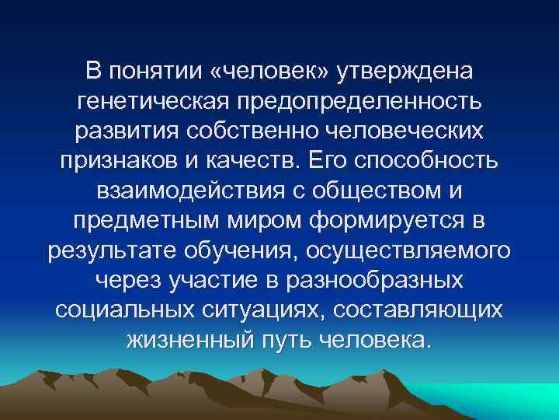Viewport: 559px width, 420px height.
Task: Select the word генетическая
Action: (x=156, y=100)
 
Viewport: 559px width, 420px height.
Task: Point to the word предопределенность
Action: (x=365, y=100)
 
